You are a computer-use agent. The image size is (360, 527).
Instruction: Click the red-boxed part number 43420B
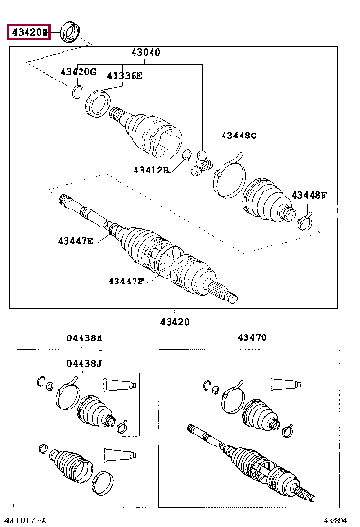(x=29, y=33)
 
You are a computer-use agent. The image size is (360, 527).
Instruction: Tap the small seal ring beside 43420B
(x=68, y=32)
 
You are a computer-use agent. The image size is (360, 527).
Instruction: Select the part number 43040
(x=145, y=52)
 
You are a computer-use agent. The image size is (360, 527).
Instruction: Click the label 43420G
(x=79, y=71)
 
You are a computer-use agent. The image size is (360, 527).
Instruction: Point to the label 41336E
(x=123, y=75)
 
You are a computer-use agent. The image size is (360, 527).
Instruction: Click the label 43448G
(x=239, y=135)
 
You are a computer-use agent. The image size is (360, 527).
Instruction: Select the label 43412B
(x=150, y=170)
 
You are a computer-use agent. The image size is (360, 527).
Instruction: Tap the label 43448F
(x=308, y=194)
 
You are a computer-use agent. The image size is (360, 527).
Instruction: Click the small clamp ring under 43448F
(x=305, y=224)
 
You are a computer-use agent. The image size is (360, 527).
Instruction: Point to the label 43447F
(x=125, y=281)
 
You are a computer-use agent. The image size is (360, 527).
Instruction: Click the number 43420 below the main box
(x=173, y=321)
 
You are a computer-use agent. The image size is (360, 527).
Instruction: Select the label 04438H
(x=84, y=337)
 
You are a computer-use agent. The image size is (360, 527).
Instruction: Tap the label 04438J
(x=84, y=362)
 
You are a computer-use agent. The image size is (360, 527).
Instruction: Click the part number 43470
(x=251, y=337)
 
